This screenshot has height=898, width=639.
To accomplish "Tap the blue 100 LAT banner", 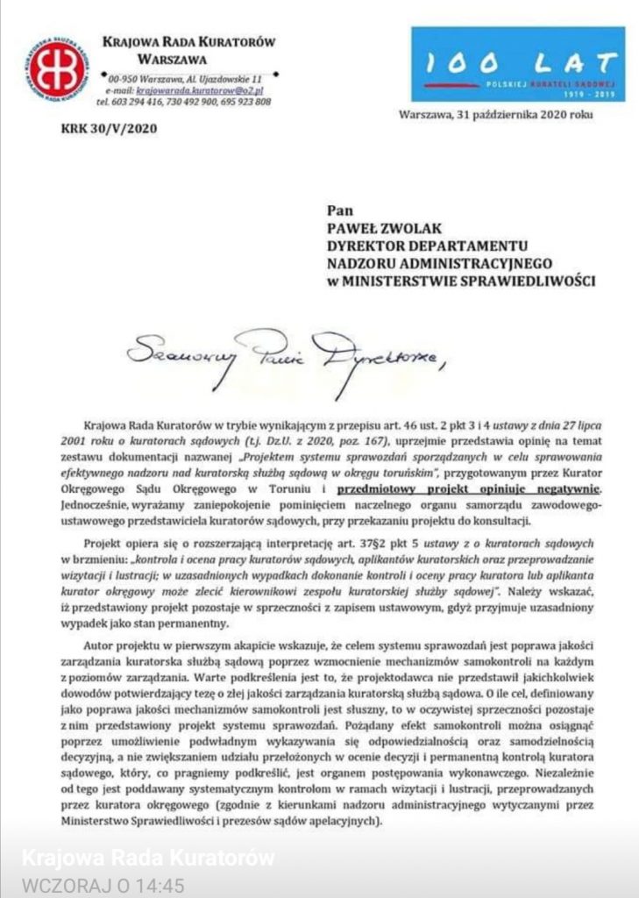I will tap(518, 64).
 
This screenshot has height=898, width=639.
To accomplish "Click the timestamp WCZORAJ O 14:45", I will tap(103, 886).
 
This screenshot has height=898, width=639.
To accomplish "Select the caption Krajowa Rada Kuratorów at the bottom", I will tap(147, 857).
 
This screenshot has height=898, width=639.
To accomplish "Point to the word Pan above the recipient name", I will tap(338, 210).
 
